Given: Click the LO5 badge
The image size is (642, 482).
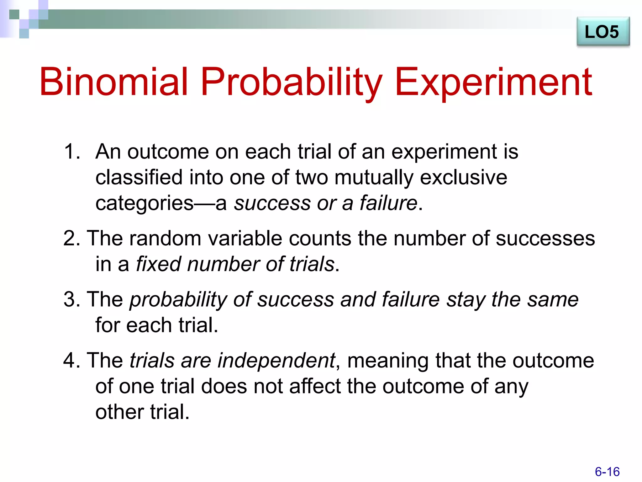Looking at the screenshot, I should coord(603,32).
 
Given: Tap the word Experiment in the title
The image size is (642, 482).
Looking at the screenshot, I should coord(493,82).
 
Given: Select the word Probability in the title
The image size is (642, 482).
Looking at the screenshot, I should coord(291,82).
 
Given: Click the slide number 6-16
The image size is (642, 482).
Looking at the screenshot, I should coord(607,472).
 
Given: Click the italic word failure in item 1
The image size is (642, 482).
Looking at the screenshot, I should coord(388,203).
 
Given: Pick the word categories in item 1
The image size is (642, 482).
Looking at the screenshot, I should coord(144,203).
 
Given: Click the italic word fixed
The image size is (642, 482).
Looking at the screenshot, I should coord(158,264).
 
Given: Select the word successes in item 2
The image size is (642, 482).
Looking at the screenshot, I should coord(545,238).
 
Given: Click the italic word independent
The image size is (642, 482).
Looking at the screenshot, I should coord(276,360).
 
